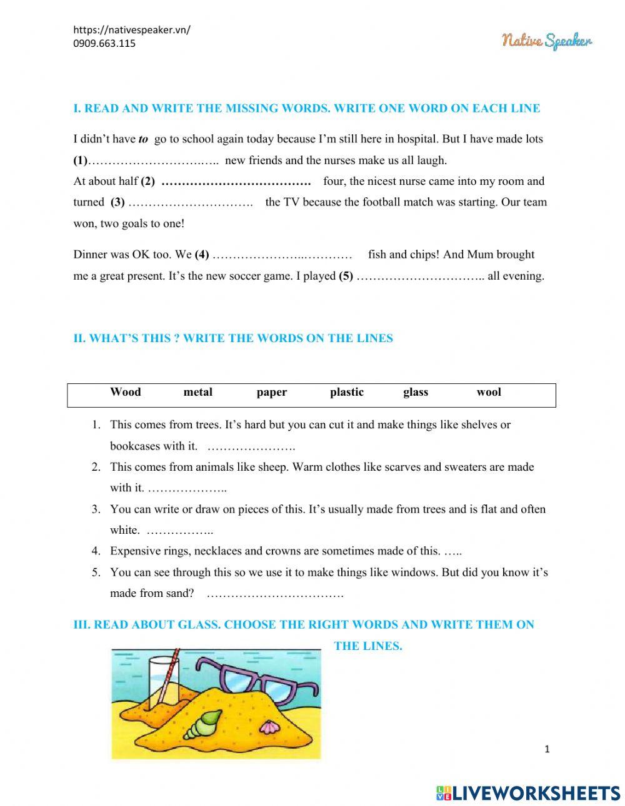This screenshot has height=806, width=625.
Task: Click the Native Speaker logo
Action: [x=547, y=41]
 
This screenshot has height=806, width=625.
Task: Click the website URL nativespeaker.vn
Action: [x=132, y=30]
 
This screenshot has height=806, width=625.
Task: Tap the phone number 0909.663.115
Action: [x=104, y=43]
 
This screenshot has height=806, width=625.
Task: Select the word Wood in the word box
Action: [x=125, y=392]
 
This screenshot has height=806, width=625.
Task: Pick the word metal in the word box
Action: [x=197, y=392]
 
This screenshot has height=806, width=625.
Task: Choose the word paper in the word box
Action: [x=271, y=392]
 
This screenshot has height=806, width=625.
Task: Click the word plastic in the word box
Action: [x=346, y=392]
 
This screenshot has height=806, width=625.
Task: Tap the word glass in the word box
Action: [x=416, y=392]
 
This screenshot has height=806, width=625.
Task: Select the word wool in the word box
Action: [x=488, y=392]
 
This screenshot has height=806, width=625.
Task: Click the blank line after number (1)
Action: [x=153, y=161]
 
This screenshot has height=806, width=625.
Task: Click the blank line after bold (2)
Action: [x=236, y=182]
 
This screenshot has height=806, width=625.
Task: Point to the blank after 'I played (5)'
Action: [x=420, y=276]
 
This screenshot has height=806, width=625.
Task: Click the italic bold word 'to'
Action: [x=143, y=139]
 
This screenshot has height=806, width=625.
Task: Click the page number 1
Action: [x=547, y=749]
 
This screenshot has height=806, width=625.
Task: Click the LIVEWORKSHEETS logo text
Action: [x=528, y=793]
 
